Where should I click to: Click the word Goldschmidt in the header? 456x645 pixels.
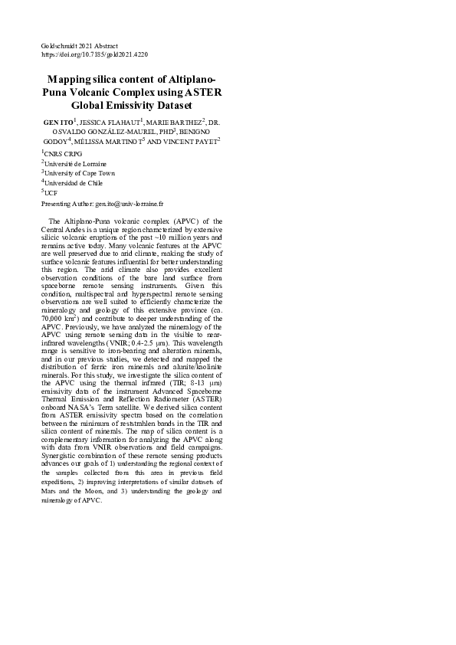click(x=57, y=47)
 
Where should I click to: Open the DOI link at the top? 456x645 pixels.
click(x=94, y=55)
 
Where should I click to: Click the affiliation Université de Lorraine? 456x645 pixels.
click(x=75, y=164)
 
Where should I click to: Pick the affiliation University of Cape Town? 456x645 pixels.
click(x=80, y=174)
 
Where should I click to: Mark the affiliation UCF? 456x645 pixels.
click(x=51, y=194)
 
